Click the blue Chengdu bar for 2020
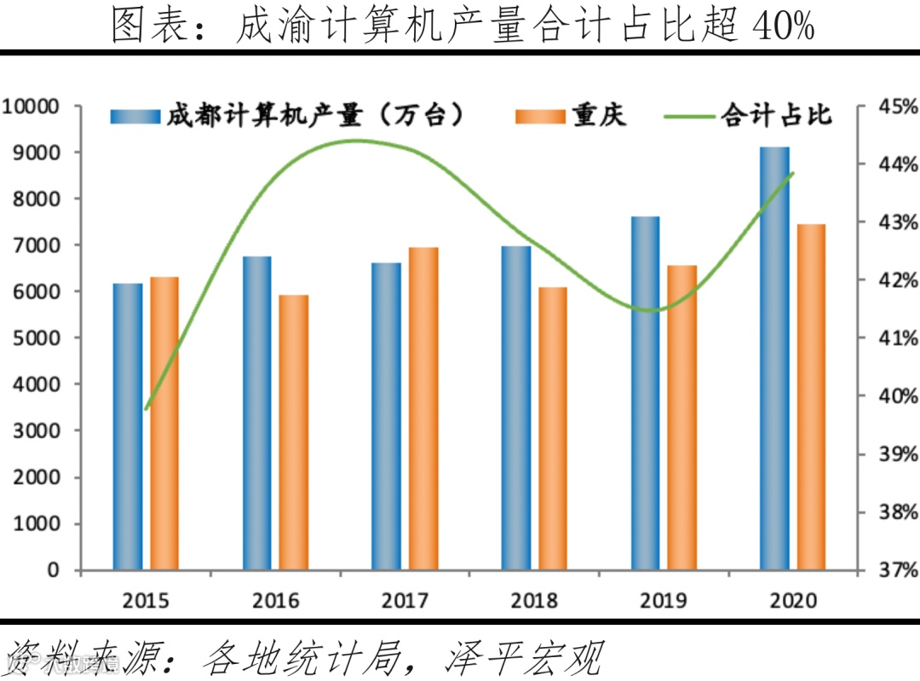click(774, 358)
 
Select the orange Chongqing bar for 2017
click(423, 408)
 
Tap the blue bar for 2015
click(128, 426)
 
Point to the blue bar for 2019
click(645, 393)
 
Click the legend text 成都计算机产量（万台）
click(314, 115)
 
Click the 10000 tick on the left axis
click(30, 107)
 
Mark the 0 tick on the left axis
click(53, 569)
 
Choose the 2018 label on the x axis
click(534, 601)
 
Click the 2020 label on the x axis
click(793, 601)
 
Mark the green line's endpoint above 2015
click(147, 409)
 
